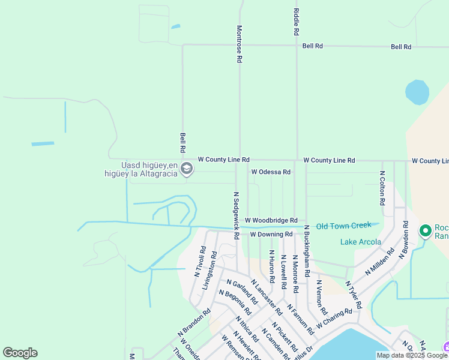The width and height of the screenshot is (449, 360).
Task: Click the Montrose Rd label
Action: [239, 44]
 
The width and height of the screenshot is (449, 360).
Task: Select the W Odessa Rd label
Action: [271, 172]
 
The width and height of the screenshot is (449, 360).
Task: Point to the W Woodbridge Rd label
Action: [271, 221]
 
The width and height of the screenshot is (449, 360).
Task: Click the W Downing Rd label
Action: [271, 234]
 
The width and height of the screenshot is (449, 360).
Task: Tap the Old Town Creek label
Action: [344, 226]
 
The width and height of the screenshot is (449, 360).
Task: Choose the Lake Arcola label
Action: [361, 242]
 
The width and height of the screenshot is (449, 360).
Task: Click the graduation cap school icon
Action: [187, 169]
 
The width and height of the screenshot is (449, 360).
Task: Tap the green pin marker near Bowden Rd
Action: [426, 231]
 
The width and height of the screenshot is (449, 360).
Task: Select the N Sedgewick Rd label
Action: [237, 215]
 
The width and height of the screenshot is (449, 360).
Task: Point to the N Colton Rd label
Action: [382, 189]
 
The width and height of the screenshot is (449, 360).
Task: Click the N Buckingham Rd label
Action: [307, 251]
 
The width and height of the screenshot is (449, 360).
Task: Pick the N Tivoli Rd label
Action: [200, 262]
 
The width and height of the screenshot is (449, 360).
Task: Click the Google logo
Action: [20, 353]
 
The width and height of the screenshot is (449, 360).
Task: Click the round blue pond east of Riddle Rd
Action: [417, 92]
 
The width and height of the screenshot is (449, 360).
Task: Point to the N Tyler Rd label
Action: [354, 294]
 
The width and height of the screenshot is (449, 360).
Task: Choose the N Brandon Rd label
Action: [194, 322]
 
